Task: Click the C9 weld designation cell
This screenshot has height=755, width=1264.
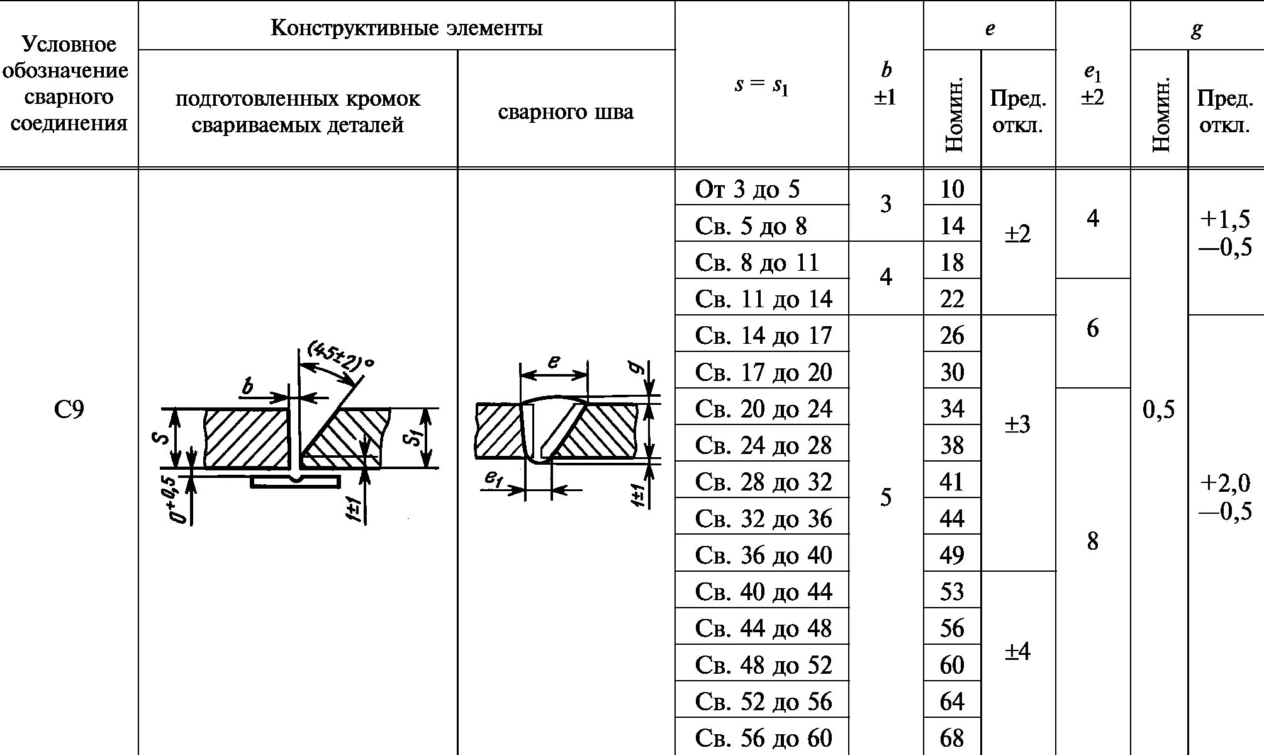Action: (x=69, y=410)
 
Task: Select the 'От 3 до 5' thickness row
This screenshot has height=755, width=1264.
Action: (x=747, y=189)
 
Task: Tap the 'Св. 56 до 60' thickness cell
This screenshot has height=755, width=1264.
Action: (x=763, y=738)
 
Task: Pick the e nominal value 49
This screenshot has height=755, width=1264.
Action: (x=951, y=555)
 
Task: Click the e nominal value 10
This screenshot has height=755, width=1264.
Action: (x=951, y=189)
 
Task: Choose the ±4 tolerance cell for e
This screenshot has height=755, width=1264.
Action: (x=1017, y=651)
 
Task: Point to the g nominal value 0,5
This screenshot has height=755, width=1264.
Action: (x=1158, y=410)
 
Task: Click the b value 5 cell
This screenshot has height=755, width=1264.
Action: (x=885, y=497)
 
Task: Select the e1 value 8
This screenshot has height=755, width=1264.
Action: (x=1092, y=541)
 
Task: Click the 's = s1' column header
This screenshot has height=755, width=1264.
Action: (x=761, y=85)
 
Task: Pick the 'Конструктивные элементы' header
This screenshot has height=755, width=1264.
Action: (x=406, y=28)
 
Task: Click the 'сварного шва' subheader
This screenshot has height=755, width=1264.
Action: (x=566, y=112)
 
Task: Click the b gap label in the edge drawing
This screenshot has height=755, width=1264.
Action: (x=248, y=386)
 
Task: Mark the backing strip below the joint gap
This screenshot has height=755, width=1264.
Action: (x=295, y=482)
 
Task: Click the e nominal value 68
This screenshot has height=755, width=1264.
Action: (x=951, y=738)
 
